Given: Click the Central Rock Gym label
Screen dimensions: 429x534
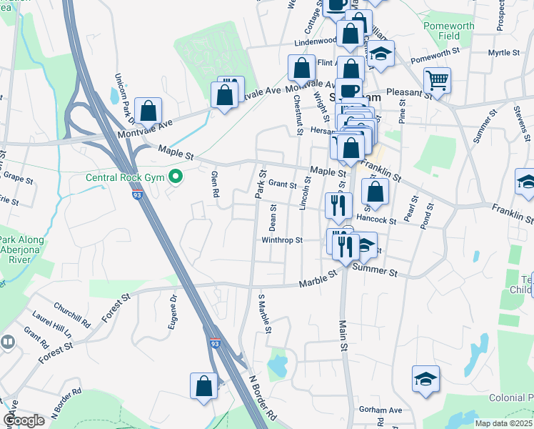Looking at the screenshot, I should (x=124, y=177).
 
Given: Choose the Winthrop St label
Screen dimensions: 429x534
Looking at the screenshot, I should (x=283, y=240).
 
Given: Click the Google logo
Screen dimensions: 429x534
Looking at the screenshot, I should (x=24, y=420).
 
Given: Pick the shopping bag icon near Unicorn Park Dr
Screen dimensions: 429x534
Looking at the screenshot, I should (x=148, y=111).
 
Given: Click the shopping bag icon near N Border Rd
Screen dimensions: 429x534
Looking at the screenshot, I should (x=203, y=385).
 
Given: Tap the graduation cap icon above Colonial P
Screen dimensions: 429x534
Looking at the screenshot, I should (x=425, y=378).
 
